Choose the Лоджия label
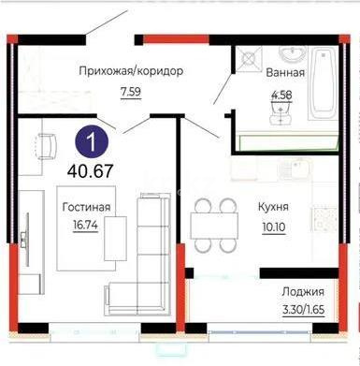click(304, 294)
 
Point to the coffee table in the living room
click(116, 236)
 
